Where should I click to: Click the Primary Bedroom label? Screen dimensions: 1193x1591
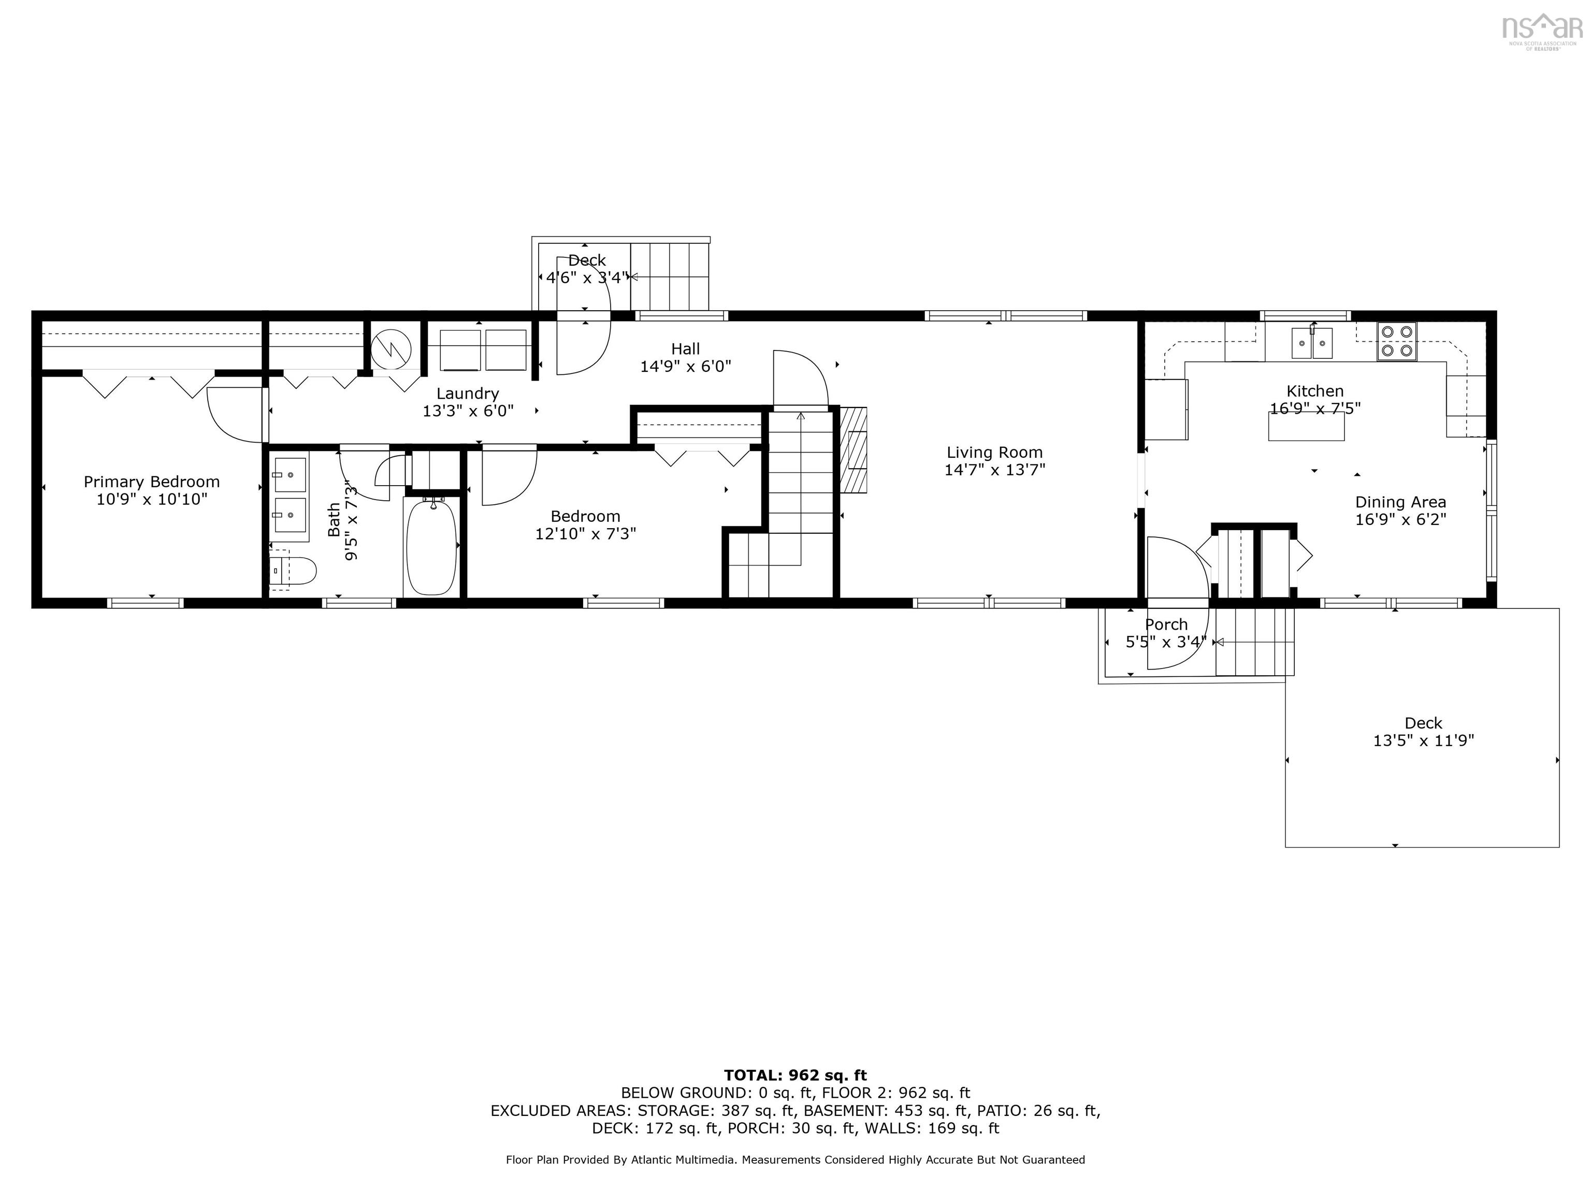(x=151, y=482)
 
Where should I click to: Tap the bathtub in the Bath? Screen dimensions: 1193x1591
(x=431, y=547)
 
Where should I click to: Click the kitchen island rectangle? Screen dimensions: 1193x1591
(x=1306, y=427)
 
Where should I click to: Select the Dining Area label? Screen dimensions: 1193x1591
(x=1400, y=502)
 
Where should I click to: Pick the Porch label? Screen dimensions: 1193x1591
(x=1166, y=624)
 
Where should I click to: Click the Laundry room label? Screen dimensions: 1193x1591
(x=468, y=394)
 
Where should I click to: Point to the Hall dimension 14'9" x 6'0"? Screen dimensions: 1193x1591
(x=686, y=367)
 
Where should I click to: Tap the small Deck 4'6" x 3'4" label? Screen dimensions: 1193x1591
(x=587, y=260)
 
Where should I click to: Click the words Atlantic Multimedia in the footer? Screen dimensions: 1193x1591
(x=683, y=1160)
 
